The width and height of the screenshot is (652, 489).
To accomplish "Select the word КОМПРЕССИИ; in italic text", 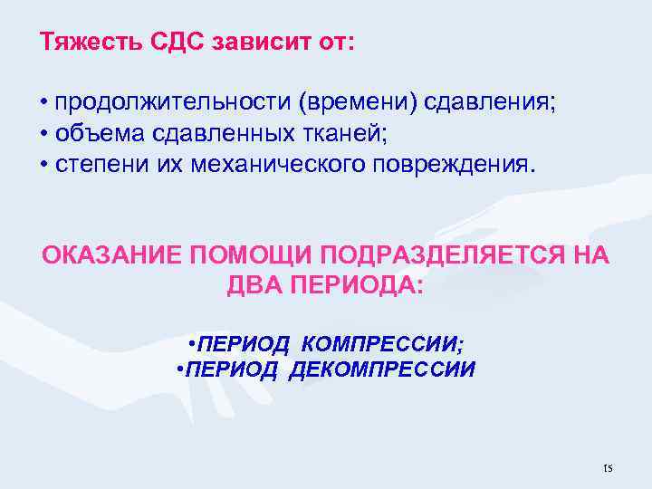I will click(380, 344).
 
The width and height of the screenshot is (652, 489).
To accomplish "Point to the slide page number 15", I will click(607, 468).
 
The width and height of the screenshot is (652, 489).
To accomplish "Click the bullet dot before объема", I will click(44, 135).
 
